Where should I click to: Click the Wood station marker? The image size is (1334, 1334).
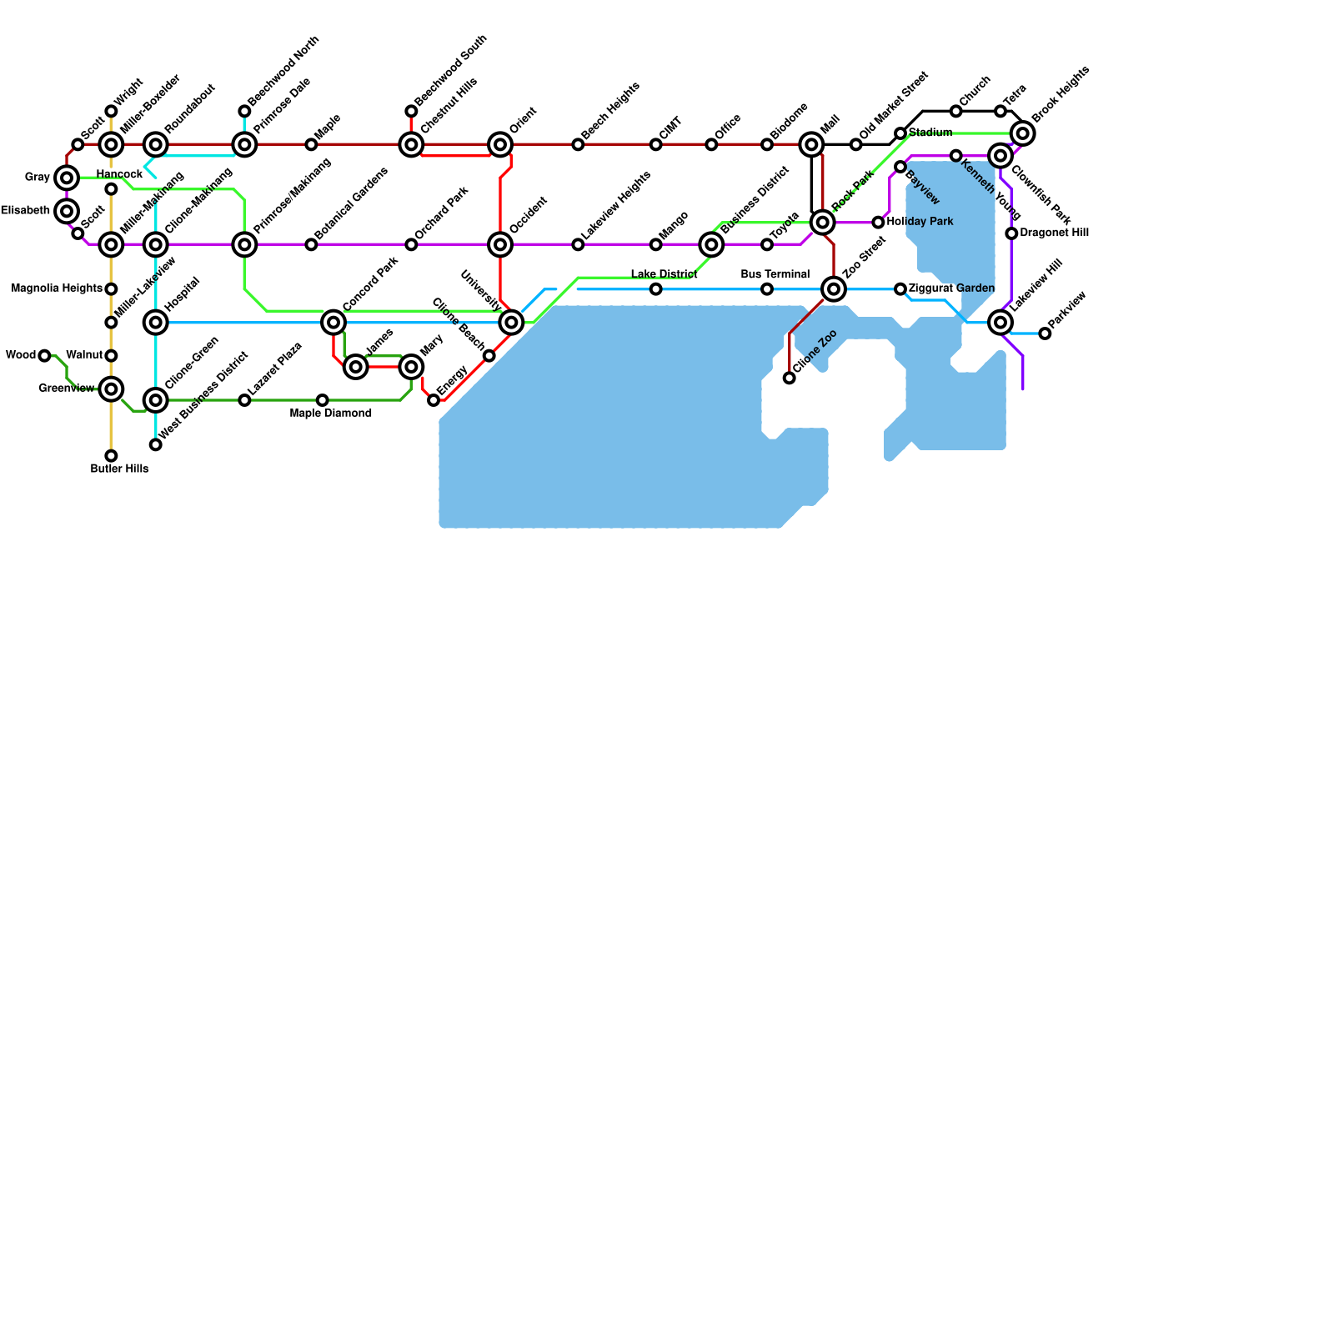44,356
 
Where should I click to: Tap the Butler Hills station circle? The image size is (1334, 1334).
111,456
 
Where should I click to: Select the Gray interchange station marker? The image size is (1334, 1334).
67,178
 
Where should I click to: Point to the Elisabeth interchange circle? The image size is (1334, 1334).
67,211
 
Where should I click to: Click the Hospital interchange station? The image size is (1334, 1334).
156,322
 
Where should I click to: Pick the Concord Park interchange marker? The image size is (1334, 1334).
333,322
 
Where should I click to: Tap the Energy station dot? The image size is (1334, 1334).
434,400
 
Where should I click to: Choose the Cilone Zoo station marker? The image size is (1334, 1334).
790,379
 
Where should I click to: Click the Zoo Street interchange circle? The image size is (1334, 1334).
834,289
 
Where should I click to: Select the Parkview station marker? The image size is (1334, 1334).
1045,333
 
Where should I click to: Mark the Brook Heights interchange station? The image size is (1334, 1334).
1023,133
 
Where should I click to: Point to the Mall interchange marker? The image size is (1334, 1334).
811,144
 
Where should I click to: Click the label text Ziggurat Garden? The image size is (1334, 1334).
951,288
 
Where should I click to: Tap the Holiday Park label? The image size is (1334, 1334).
920,222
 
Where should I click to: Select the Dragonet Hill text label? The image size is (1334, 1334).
1054,233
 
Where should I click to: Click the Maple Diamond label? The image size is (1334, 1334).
331,414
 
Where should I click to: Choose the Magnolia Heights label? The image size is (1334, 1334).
57,288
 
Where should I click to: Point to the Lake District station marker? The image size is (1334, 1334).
656,289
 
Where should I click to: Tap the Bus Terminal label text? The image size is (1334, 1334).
775,274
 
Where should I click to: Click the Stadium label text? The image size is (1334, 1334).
930,133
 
